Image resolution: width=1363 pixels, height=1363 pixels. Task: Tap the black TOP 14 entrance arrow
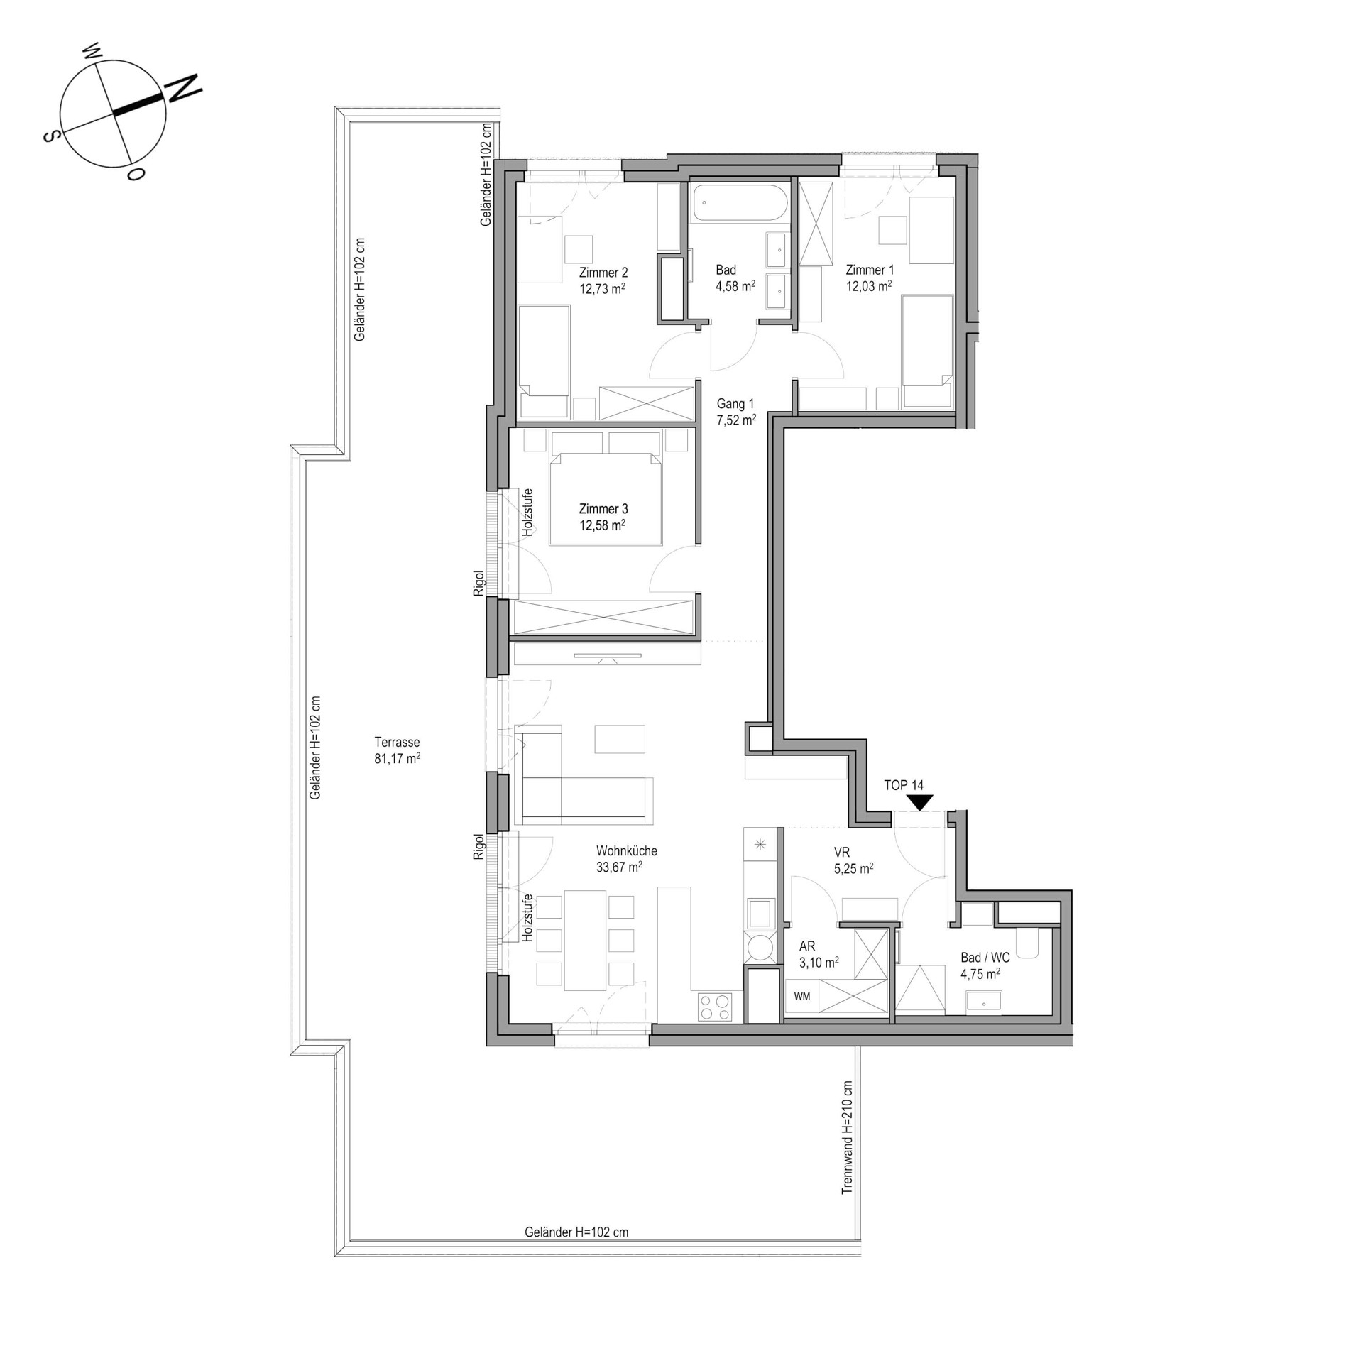tap(921, 802)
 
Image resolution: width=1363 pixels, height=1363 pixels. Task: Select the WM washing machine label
tap(802, 997)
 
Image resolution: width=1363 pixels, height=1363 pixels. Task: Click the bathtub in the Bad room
tap(740, 202)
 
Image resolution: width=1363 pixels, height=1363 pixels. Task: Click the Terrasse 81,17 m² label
tap(397, 750)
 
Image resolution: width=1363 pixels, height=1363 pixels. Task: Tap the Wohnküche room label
tap(627, 850)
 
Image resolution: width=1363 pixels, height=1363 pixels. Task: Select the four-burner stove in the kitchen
tap(715, 1007)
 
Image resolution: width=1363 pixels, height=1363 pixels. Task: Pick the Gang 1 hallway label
tap(735, 403)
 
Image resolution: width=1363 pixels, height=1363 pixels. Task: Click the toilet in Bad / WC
tap(1027, 942)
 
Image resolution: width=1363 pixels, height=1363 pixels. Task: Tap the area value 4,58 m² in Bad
tap(735, 286)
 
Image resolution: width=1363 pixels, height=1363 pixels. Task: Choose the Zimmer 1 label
tap(870, 270)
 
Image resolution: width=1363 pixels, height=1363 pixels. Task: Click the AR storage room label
tap(807, 946)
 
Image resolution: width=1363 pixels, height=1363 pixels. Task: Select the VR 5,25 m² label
tap(853, 860)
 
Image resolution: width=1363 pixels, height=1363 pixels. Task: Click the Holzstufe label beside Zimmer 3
tap(527, 512)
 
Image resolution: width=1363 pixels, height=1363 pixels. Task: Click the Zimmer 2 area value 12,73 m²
tap(602, 289)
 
